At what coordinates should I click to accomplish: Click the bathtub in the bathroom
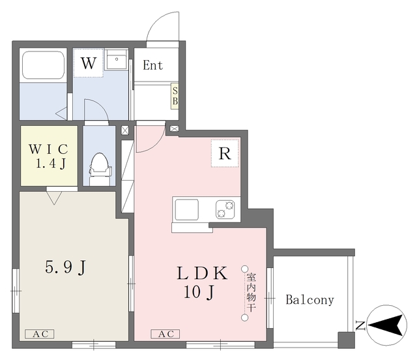pyautogui.click(x=44, y=65)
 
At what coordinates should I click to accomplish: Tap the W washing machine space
pyautogui.click(x=89, y=63)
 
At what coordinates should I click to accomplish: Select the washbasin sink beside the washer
pyautogui.click(x=116, y=59)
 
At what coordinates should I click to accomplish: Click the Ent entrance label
pyautogui.click(x=152, y=65)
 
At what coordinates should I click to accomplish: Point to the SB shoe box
pyautogui.click(x=175, y=96)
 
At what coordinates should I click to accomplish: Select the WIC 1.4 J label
pyautogui.click(x=49, y=157)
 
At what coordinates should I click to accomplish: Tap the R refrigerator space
pyautogui.click(x=225, y=153)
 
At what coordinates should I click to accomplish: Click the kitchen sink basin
pyautogui.click(x=187, y=209)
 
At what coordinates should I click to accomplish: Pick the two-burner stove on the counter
pyautogui.click(x=225, y=209)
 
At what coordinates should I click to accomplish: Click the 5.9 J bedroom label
pyautogui.click(x=65, y=267)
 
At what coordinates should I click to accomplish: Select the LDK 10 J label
pyautogui.click(x=202, y=283)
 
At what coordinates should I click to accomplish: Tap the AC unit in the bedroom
pyautogui.click(x=40, y=334)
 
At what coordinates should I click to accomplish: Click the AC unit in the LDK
pyautogui.click(x=165, y=334)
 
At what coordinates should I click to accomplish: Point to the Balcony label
pyautogui.click(x=310, y=300)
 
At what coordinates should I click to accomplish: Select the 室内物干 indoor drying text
pyautogui.click(x=252, y=292)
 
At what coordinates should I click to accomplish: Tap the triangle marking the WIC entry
pyautogui.click(x=54, y=198)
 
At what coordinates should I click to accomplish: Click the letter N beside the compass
pyautogui.click(x=360, y=325)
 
